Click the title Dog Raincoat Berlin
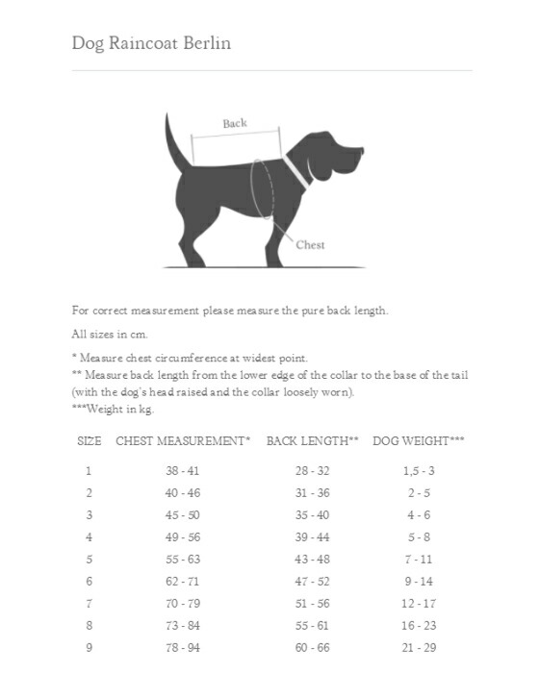[x=151, y=43]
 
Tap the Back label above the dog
[x=235, y=123]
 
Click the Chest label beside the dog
[x=310, y=244]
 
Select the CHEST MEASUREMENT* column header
[x=183, y=440]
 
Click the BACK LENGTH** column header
[x=312, y=440]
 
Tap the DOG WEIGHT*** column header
[x=418, y=440]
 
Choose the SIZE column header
[x=89, y=440]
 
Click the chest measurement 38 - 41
[x=183, y=471]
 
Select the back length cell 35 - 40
[x=312, y=514]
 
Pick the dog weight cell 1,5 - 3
[x=418, y=471]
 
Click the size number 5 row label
[x=89, y=559]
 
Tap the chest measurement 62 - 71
[x=183, y=581]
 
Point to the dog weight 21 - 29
[x=418, y=647]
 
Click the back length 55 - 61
[x=312, y=625]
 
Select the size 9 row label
[x=89, y=647]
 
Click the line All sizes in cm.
[x=107, y=334]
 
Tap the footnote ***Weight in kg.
[x=113, y=410]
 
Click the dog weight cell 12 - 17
[x=418, y=603]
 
